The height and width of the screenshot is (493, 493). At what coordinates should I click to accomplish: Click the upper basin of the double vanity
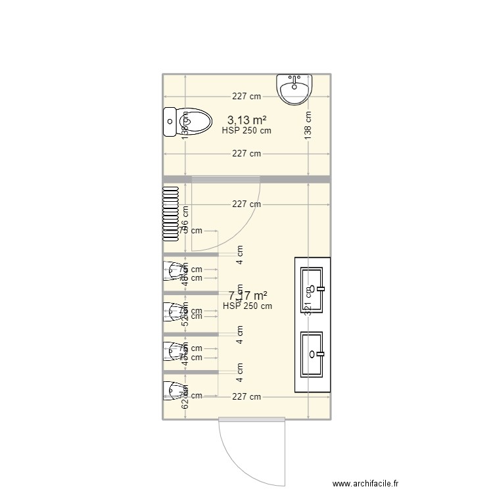point(312,289)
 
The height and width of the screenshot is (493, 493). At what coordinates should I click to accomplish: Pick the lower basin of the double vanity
point(312,354)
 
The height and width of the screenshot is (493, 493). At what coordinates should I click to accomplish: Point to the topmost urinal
point(173,271)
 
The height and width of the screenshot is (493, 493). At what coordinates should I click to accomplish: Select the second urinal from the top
point(173,312)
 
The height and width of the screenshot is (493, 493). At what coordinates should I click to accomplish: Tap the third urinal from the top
point(173,350)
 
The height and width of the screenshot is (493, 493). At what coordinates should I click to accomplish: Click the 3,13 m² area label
point(246,120)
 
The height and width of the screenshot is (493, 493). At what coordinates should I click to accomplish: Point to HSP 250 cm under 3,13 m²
point(246,130)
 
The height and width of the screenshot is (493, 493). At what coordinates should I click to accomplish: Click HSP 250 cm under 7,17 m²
point(247,306)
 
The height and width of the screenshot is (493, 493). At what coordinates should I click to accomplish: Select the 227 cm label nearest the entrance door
point(246,396)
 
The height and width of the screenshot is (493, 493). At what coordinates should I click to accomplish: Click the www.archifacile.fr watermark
point(365,483)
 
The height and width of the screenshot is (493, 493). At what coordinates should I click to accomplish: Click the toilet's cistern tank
point(169,122)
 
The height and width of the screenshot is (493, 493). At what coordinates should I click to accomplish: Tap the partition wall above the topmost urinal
point(191,254)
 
